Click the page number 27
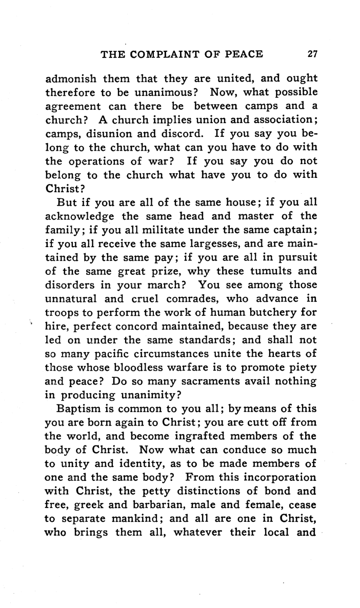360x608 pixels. [x=312, y=53]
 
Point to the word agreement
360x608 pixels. [x=71, y=107]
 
